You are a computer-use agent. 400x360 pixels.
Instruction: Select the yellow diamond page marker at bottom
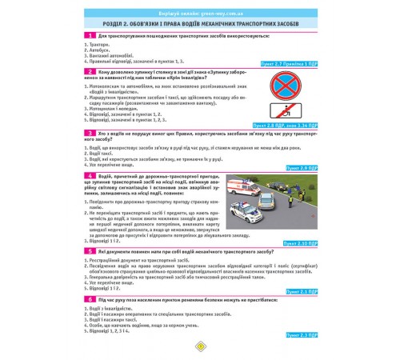coord(199,347)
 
